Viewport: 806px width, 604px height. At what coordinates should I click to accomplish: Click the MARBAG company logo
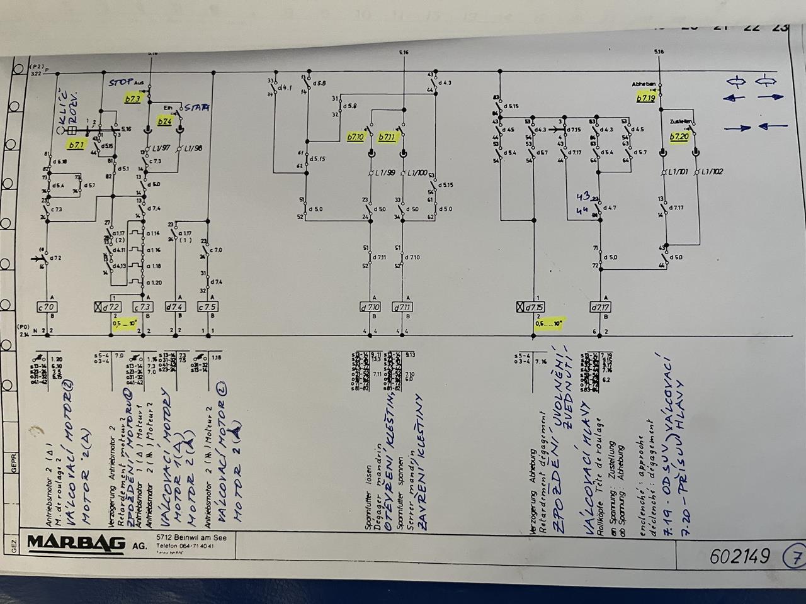point(76,542)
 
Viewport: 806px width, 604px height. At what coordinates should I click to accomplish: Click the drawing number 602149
point(739,556)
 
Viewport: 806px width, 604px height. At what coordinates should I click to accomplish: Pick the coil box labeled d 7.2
point(108,307)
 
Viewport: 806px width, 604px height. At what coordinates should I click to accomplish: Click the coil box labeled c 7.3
point(144,307)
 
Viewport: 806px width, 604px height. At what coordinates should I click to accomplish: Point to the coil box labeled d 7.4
point(176,307)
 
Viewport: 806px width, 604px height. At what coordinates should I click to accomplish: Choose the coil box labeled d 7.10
point(372,307)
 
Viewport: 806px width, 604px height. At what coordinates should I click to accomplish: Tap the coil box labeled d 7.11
point(402,307)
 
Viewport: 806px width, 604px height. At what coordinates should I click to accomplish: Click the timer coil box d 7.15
point(531,307)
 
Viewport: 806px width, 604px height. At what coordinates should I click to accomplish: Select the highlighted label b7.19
point(646,98)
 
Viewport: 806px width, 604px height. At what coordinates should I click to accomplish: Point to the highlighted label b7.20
point(679,137)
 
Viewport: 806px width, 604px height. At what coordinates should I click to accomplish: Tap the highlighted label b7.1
point(76,145)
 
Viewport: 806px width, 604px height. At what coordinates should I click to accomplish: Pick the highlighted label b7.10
point(356,137)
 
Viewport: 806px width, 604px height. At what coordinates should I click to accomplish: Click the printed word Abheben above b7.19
point(644,84)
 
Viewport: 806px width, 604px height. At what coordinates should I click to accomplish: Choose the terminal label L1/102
point(712,172)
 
